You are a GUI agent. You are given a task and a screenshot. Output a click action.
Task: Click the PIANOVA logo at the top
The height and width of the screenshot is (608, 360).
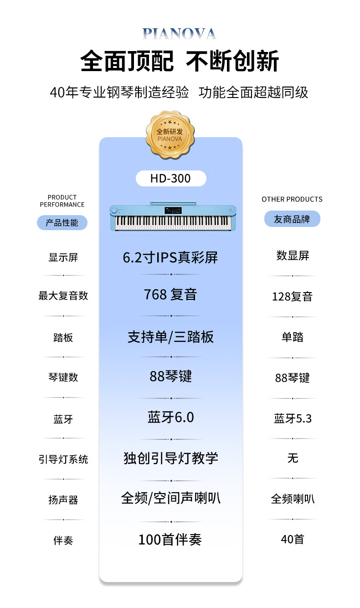pyautogui.click(x=180, y=34)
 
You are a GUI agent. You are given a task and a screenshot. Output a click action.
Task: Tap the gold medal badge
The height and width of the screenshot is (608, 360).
pyautogui.click(x=170, y=134)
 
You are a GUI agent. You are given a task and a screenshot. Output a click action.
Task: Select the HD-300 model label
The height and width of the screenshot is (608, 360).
pyautogui.click(x=171, y=178)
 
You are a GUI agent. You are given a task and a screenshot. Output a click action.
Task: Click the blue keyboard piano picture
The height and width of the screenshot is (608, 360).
pyautogui.click(x=173, y=216)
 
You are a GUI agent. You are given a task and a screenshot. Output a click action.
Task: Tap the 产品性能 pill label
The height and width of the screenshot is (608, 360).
pyautogui.click(x=62, y=223)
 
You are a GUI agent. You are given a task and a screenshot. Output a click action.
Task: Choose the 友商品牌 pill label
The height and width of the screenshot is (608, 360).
pyautogui.click(x=292, y=219)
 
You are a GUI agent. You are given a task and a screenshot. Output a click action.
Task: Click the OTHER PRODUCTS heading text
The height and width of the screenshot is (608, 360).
pyautogui.click(x=292, y=199)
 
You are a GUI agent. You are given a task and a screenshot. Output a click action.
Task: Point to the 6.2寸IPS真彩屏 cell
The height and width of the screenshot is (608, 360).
pyautogui.click(x=170, y=258)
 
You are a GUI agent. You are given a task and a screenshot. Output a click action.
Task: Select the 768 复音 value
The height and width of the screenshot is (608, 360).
pyautogui.click(x=170, y=294)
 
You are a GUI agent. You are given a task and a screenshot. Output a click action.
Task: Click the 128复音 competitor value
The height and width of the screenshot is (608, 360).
pyautogui.click(x=292, y=296)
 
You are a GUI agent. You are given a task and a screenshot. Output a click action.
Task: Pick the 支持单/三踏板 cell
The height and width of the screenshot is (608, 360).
pyautogui.click(x=170, y=337)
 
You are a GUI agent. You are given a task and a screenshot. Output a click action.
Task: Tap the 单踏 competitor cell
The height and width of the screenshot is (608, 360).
pyautogui.click(x=293, y=337)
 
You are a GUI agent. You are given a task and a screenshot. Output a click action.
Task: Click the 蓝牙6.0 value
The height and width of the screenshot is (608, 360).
pyautogui.click(x=170, y=417)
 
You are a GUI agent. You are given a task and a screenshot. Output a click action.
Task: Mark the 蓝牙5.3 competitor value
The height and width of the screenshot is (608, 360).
pyautogui.click(x=293, y=418)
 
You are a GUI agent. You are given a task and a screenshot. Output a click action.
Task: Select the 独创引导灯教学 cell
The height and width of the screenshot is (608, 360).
pyautogui.click(x=170, y=458)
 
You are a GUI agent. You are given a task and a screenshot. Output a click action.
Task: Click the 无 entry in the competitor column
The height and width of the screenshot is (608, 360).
pyautogui.click(x=293, y=458)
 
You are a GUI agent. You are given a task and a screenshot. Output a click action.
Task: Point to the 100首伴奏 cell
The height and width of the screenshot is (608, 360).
pyautogui.click(x=170, y=539)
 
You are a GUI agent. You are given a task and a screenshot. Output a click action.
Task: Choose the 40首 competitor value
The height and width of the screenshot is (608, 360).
pyautogui.click(x=293, y=539)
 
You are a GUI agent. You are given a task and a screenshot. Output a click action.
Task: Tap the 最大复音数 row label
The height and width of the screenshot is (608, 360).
pyautogui.click(x=63, y=296)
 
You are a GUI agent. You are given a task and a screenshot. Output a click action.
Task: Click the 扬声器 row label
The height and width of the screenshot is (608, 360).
pyautogui.click(x=63, y=500)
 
